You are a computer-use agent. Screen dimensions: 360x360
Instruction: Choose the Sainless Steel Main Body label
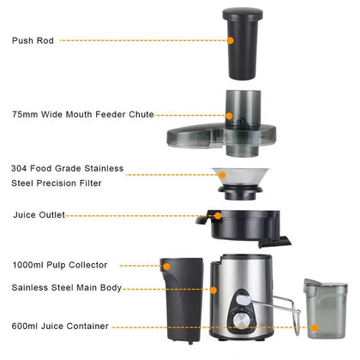(67, 287)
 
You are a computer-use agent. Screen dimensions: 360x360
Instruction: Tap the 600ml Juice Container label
(60, 326)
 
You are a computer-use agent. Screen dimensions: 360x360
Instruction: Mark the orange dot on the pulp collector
(167, 267)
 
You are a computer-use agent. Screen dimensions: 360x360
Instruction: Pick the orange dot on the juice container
(315, 326)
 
